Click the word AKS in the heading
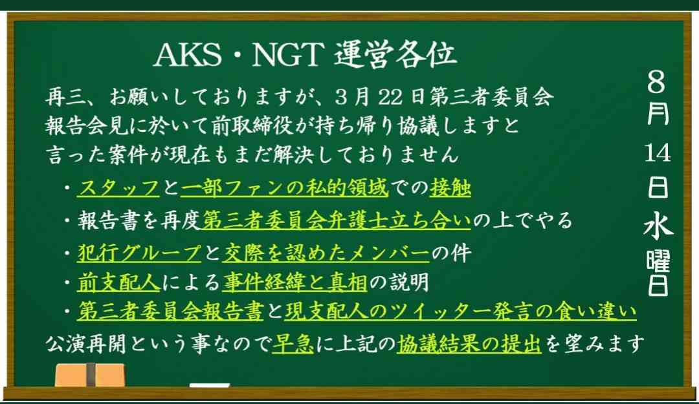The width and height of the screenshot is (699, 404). tap(188, 55)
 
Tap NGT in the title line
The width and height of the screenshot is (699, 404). tap(287, 55)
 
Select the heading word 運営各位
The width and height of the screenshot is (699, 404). tap(395, 55)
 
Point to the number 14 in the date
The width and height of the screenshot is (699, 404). tap(658, 153)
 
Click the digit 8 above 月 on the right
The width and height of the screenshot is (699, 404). tap(657, 82)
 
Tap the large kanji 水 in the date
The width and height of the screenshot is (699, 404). tap(658, 224)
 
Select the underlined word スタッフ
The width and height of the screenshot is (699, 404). tap(118, 188)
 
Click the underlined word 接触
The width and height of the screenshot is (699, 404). tap(450, 188)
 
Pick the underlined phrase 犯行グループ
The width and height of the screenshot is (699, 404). tap(139, 253)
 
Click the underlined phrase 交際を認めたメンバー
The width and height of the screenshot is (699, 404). tap(326, 253)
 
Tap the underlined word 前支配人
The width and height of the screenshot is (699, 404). tap(118, 282)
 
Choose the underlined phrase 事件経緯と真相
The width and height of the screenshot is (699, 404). tap(295, 282)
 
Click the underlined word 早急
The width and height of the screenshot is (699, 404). tap(293, 344)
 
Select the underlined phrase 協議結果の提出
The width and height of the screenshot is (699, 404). tap(469, 344)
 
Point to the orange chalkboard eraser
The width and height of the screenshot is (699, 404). tap(90, 375)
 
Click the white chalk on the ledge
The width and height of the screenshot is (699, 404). tap(210, 385)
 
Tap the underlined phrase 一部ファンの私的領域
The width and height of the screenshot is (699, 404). tap(284, 188)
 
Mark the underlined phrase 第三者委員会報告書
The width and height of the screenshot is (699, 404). tap(170, 312)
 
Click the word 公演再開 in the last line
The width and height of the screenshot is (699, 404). tap(86, 344)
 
